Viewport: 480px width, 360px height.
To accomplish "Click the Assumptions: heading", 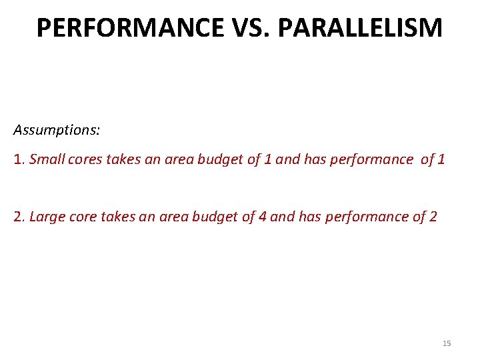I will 57,129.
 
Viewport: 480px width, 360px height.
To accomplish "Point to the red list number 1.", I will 18,159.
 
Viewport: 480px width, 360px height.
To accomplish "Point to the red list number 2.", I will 18,217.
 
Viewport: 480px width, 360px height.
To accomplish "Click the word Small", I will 45,159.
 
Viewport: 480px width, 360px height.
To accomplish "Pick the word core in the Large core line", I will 79,217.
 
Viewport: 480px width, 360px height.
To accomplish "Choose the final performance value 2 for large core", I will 433,217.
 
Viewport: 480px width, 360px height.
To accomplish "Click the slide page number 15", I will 447,343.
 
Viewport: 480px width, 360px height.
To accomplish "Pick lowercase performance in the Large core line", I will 373,217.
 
